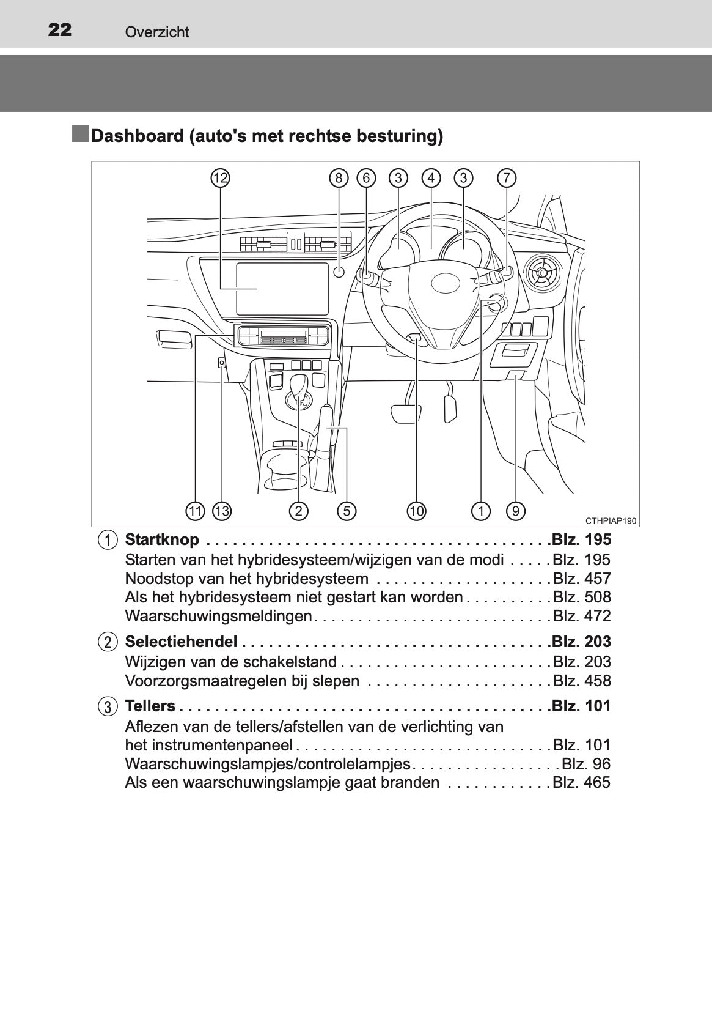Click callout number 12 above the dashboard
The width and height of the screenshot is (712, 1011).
click(220, 178)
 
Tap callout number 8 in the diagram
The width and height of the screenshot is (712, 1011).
click(339, 178)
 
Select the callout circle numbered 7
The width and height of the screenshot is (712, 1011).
click(507, 178)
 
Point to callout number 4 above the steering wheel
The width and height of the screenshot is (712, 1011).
click(431, 178)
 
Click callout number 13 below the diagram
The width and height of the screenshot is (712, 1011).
click(221, 511)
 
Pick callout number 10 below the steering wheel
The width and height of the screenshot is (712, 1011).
click(416, 511)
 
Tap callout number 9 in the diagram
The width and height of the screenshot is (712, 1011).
click(516, 511)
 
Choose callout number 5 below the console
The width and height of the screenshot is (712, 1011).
click(347, 511)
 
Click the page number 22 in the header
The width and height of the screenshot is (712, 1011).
click(59, 30)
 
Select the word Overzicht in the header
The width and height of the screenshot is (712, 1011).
click(157, 32)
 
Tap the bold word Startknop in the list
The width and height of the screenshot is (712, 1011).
click(162, 540)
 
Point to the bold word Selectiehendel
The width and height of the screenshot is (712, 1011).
click(182, 642)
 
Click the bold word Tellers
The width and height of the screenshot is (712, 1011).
click(150, 705)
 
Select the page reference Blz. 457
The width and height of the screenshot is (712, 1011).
click(582, 579)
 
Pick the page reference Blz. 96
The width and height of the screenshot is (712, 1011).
click(586, 764)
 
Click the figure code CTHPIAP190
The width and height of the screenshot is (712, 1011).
click(611, 521)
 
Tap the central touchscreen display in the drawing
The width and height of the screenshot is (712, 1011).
click(282, 289)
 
